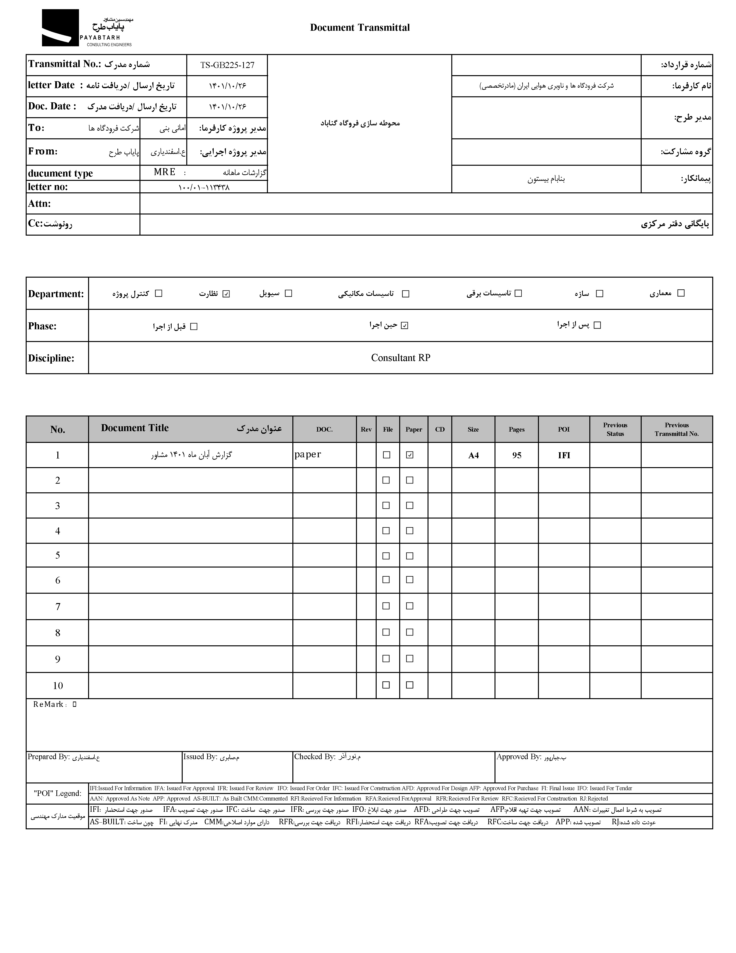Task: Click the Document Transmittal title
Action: pyautogui.click(x=360, y=27)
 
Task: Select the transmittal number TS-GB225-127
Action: pyautogui.click(x=227, y=65)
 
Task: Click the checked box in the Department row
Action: pyautogui.click(x=226, y=294)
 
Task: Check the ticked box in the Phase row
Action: pyautogui.click(x=404, y=325)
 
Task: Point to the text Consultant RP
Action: pyautogui.click(x=400, y=358)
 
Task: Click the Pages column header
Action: pyautogui.click(x=516, y=429)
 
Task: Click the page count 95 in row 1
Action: pyautogui.click(x=517, y=455)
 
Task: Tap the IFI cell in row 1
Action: pyautogui.click(x=564, y=455)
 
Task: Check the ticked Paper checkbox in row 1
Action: pyautogui.click(x=410, y=455)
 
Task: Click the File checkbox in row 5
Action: pyautogui.click(x=386, y=556)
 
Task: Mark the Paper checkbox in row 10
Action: pyautogui.click(x=410, y=685)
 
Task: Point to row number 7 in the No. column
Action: pyautogui.click(x=58, y=606)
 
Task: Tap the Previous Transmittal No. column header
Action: pyautogui.click(x=676, y=429)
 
